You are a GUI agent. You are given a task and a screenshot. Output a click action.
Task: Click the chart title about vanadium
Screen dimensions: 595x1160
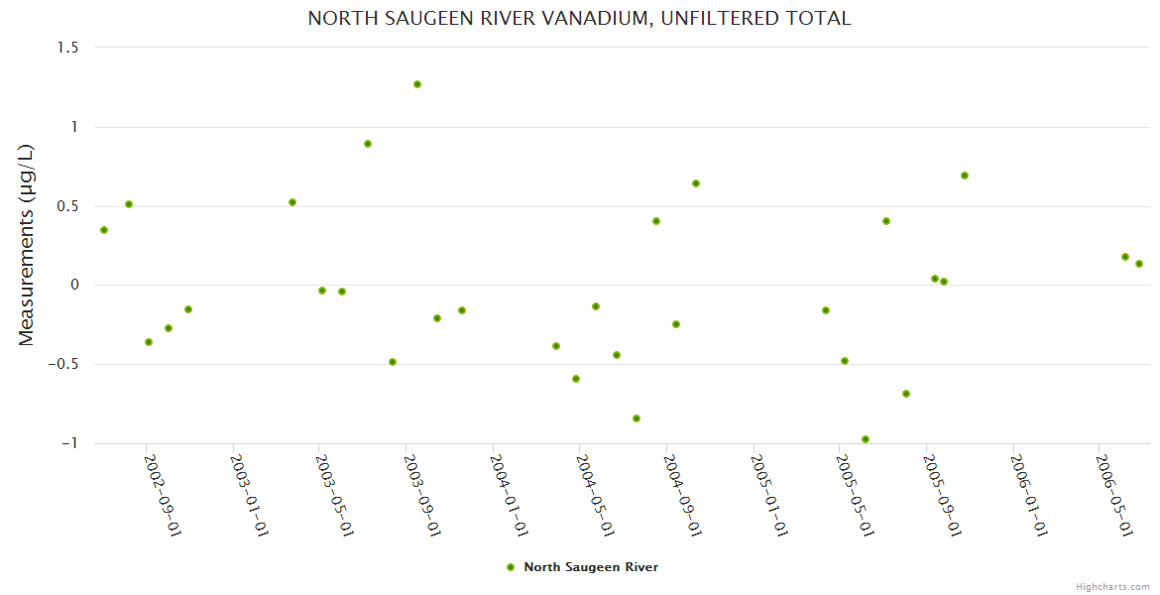[x=579, y=19]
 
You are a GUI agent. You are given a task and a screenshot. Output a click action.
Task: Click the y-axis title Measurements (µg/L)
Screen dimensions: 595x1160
[x=27, y=245]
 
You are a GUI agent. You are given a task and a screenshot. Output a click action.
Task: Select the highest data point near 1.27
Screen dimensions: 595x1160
[x=417, y=84]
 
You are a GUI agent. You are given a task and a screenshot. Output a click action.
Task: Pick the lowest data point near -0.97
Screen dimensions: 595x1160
[x=866, y=439]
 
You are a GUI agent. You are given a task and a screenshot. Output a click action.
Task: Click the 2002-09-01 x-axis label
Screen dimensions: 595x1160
[x=163, y=495]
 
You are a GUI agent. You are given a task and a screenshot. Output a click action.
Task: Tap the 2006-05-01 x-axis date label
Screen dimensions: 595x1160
[x=1114, y=495]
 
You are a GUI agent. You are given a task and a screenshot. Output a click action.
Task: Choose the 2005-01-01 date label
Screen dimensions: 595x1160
[x=770, y=495]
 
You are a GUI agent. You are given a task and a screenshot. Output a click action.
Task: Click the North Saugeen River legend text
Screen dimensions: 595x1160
[x=591, y=567]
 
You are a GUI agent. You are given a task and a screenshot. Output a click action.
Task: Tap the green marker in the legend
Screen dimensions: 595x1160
[x=511, y=567]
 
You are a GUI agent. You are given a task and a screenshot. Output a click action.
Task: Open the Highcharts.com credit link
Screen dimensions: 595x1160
[x=1112, y=586]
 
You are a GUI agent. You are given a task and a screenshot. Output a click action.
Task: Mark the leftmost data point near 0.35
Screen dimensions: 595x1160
[x=104, y=230]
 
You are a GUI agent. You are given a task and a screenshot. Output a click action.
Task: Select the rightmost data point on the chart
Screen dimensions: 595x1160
[x=1139, y=264]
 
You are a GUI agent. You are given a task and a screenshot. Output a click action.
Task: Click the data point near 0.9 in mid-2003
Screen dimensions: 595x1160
[x=368, y=144]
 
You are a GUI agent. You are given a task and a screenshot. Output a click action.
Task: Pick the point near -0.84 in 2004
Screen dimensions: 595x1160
[x=637, y=418]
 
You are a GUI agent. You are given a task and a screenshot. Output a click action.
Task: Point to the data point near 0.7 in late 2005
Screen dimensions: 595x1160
[x=965, y=176]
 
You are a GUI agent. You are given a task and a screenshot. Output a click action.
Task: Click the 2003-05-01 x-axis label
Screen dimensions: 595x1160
[x=336, y=495]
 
